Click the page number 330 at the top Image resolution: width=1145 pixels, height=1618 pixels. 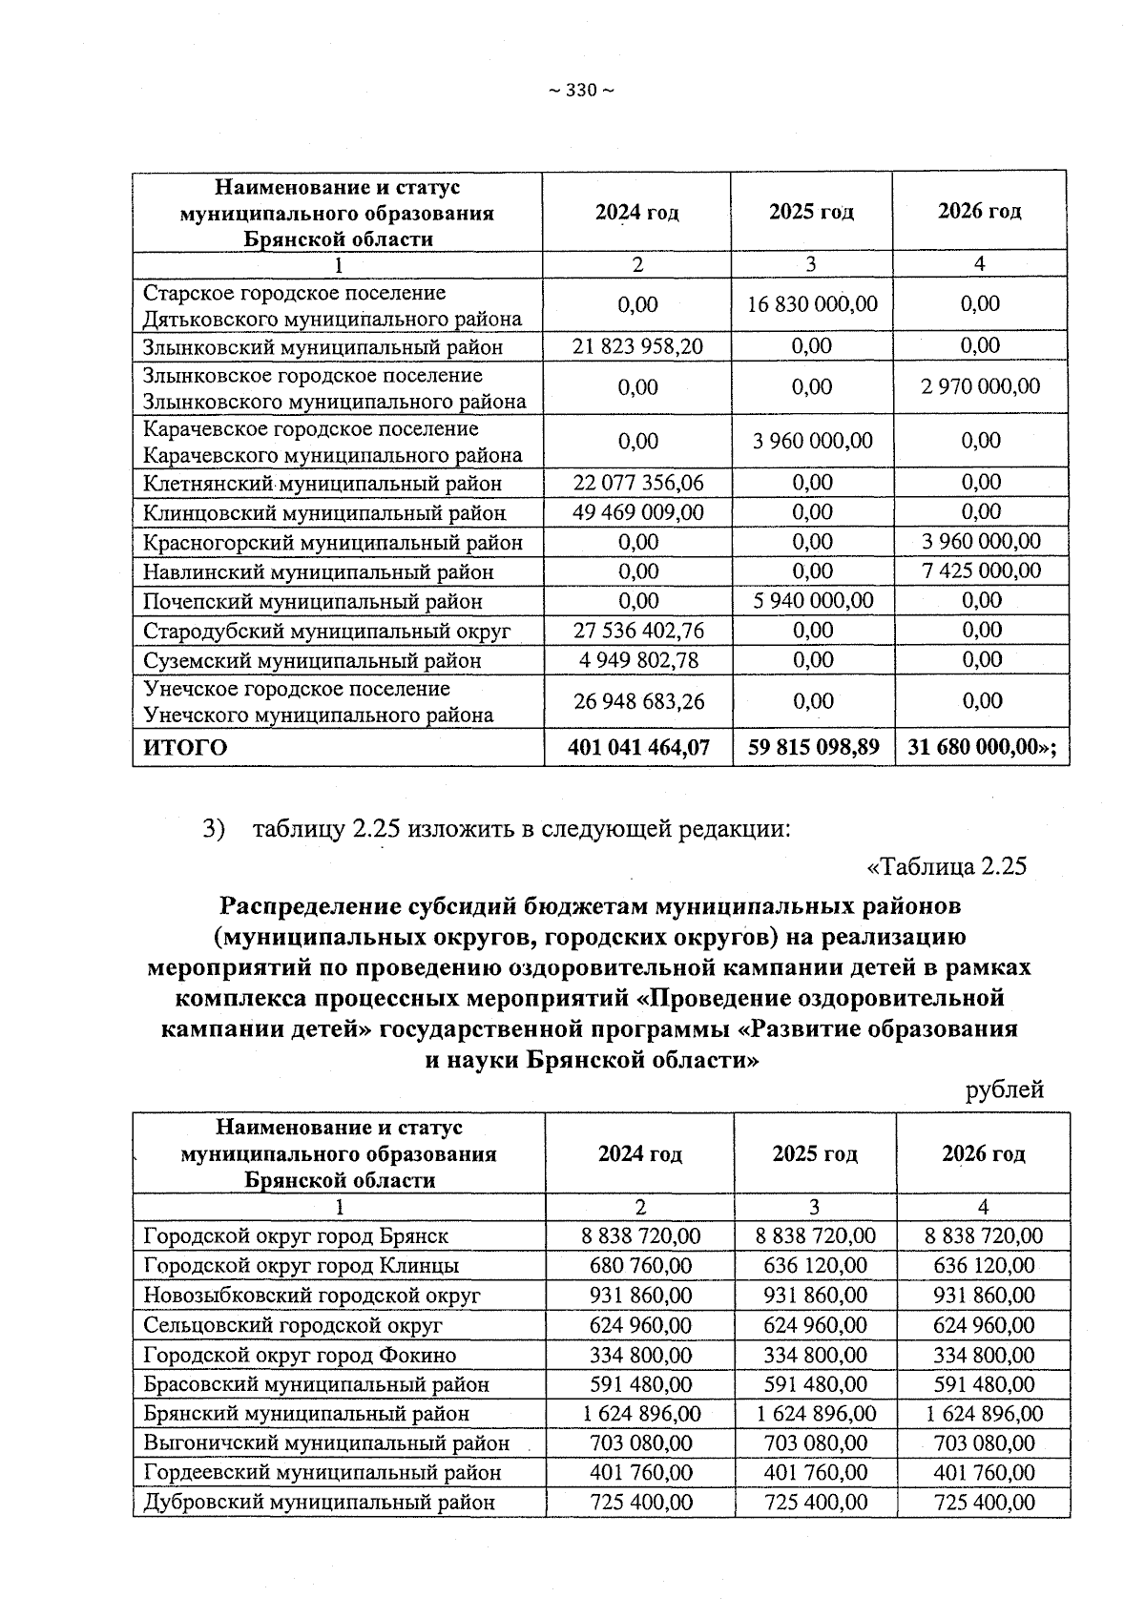click(580, 91)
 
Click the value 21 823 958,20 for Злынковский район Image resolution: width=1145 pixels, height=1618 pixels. click(637, 346)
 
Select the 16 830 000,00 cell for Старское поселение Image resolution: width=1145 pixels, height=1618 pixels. click(812, 304)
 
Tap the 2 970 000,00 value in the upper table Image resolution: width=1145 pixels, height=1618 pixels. click(980, 386)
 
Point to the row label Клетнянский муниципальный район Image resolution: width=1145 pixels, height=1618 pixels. click(323, 484)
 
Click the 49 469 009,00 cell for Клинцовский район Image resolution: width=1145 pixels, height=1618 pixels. click(637, 512)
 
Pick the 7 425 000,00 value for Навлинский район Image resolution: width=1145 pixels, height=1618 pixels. click(980, 571)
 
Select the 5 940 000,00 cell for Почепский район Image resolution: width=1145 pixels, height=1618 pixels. click(812, 601)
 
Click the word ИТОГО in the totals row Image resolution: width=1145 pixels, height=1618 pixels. click(185, 747)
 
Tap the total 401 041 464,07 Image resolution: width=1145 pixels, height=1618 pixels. click(637, 747)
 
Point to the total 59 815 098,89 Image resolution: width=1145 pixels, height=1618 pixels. click(812, 747)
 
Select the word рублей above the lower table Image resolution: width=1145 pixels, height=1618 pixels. click(1005, 1089)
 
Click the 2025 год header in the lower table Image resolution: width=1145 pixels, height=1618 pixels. click(815, 1154)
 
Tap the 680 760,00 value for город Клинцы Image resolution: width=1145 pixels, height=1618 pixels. click(640, 1266)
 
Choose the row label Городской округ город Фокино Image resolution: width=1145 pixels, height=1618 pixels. click(300, 1355)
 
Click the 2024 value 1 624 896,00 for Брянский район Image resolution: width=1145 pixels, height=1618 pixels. click(640, 1414)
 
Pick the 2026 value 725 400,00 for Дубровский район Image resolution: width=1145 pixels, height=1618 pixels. click(983, 1503)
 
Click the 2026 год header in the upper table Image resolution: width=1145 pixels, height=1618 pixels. click(980, 211)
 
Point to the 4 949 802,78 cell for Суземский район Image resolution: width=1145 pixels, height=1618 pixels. click(637, 660)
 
